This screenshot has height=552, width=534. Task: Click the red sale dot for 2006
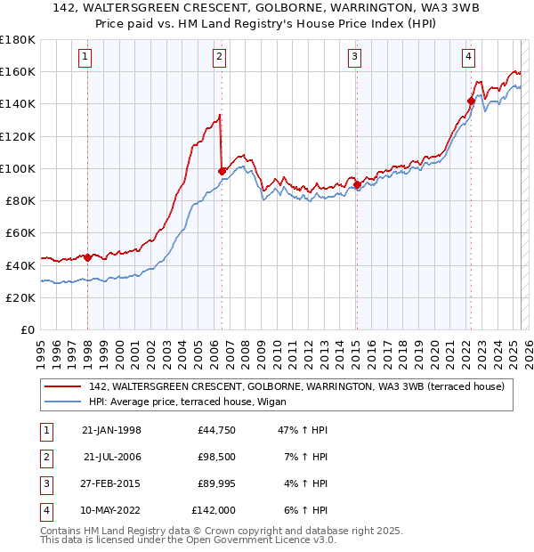tap(222, 170)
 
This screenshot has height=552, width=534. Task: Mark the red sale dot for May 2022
tap(471, 101)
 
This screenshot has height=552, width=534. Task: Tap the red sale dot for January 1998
tap(88, 256)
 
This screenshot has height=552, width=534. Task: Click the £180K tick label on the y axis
tap(18, 40)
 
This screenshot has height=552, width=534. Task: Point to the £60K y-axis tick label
tap(20, 233)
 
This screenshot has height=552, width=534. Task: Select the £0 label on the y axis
tap(27, 329)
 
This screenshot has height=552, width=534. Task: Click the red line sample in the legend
tap(62, 386)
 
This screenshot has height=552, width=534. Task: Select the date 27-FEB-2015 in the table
tap(111, 484)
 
